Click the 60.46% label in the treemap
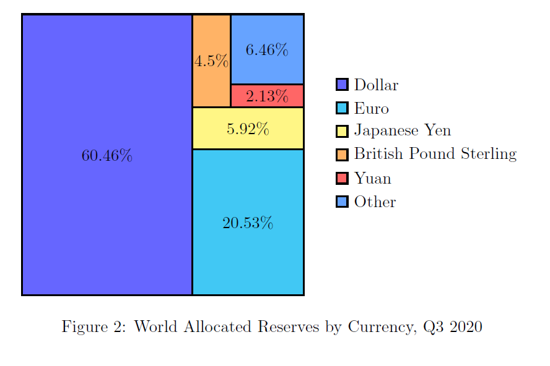[x=107, y=156]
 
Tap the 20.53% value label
[x=248, y=223]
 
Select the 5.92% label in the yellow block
[x=248, y=129]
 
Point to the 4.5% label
[x=211, y=61]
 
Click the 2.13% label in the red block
[x=267, y=96]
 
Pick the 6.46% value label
[x=267, y=50]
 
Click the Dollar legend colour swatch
[x=342, y=85]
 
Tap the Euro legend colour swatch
[x=342, y=108]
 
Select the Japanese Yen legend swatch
[x=342, y=131]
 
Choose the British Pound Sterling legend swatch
[x=342, y=155]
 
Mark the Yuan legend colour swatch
[x=342, y=178]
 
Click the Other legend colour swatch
[x=342, y=202]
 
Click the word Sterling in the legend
[x=489, y=155]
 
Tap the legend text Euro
[x=372, y=109]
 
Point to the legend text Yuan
[x=373, y=179]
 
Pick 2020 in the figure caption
[x=464, y=326]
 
